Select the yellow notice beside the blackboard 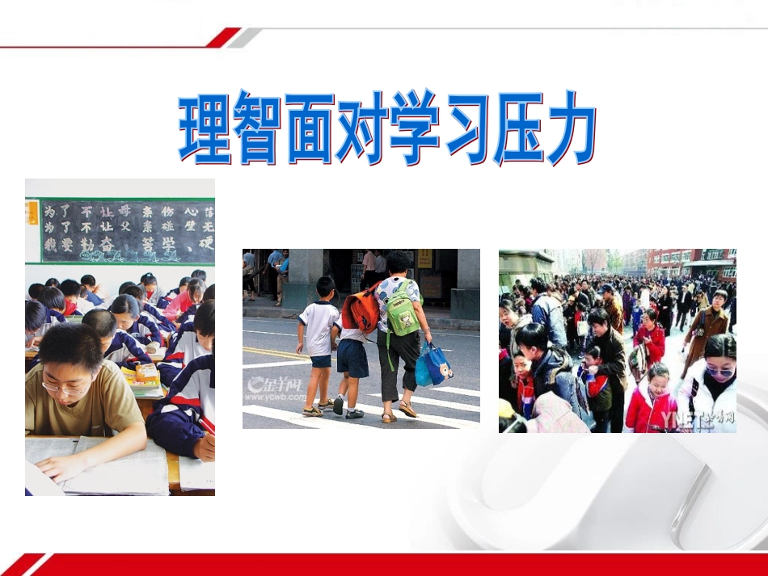[32, 212]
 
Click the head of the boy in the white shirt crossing [325, 288]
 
